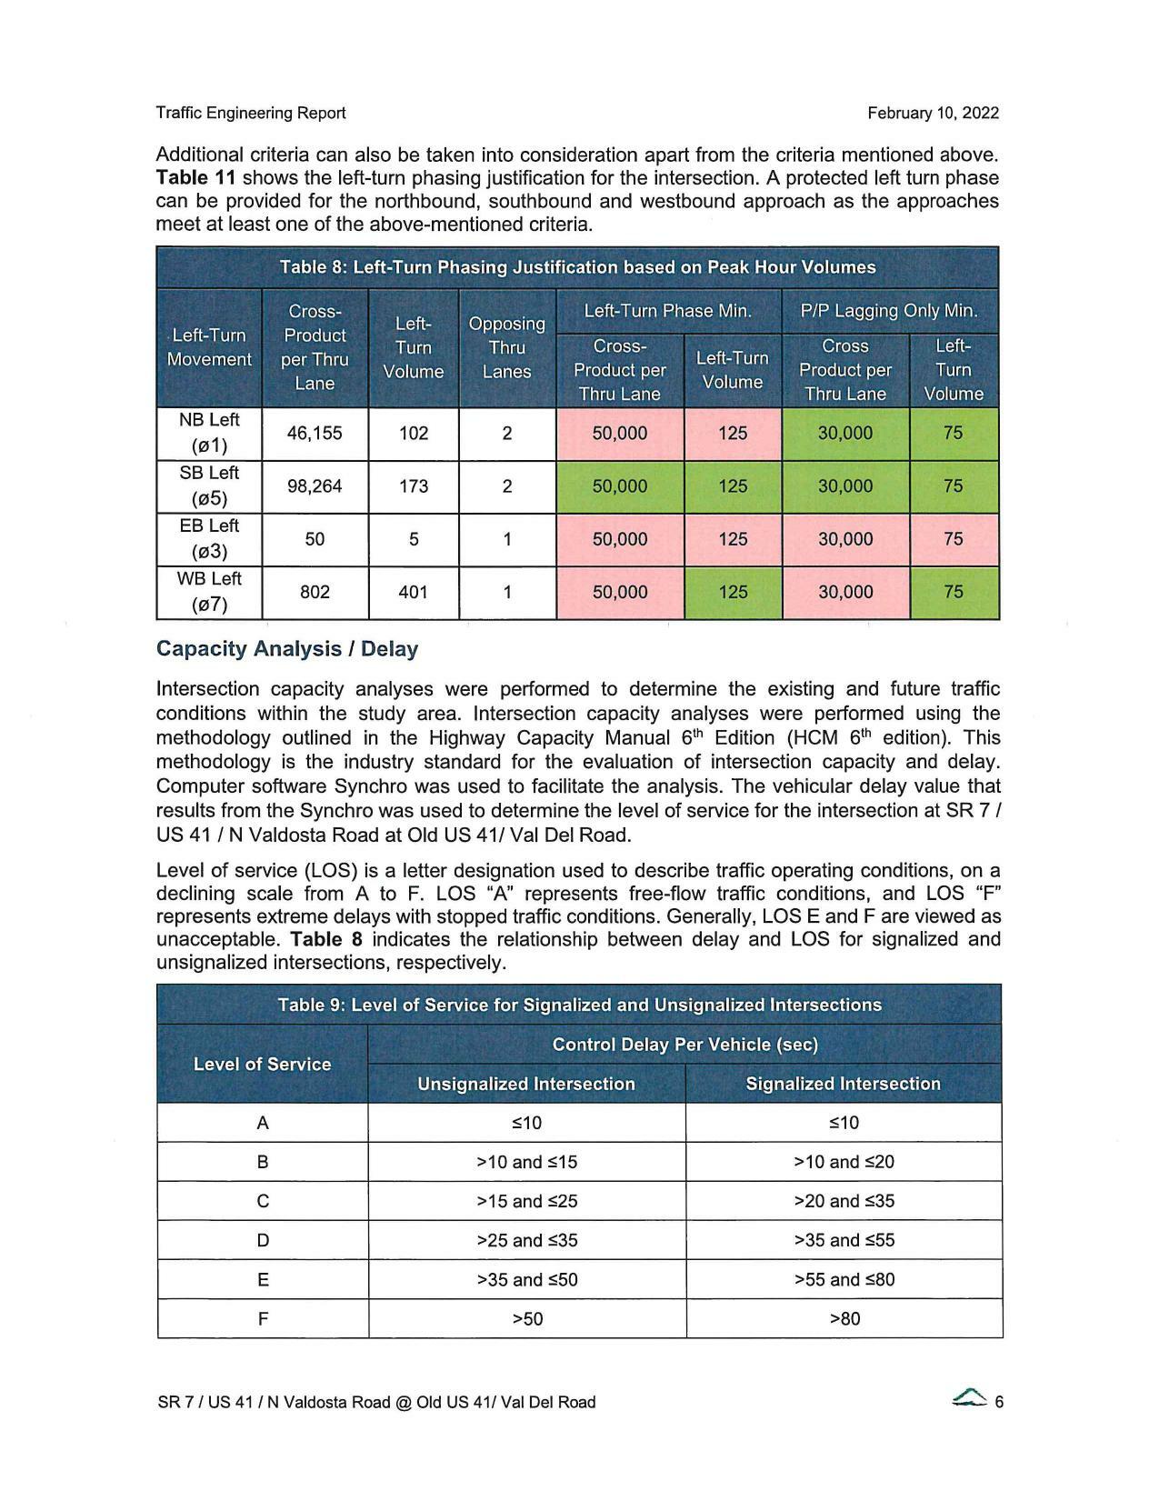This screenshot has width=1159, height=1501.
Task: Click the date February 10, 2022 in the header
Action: tap(933, 113)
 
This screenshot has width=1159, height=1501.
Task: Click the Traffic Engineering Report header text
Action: tap(251, 113)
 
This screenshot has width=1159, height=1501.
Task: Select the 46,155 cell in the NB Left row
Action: tap(315, 433)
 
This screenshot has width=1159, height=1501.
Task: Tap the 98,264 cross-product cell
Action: tap(315, 486)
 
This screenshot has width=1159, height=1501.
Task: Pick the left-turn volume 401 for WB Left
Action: tap(414, 592)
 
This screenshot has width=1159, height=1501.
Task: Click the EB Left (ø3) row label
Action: tap(209, 538)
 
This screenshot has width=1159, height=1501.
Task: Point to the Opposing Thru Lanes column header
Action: tap(506, 347)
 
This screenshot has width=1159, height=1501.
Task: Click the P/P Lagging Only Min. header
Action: tap(889, 311)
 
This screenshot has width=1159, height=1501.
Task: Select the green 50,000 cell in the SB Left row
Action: tap(619, 486)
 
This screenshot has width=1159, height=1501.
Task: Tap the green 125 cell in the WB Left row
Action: tap(733, 592)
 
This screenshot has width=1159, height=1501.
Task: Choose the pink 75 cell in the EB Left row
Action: tap(953, 539)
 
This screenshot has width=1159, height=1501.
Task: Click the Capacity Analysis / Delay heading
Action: tap(287, 649)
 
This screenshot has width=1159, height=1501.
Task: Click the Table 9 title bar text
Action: tap(579, 1005)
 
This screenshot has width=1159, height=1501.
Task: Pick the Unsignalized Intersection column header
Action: tap(525, 1084)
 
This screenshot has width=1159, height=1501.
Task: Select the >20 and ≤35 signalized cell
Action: tap(844, 1201)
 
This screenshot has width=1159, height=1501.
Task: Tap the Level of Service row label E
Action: tap(263, 1279)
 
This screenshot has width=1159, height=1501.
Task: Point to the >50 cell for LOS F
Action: tap(527, 1318)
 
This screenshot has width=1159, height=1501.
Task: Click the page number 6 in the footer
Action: tap(999, 1402)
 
